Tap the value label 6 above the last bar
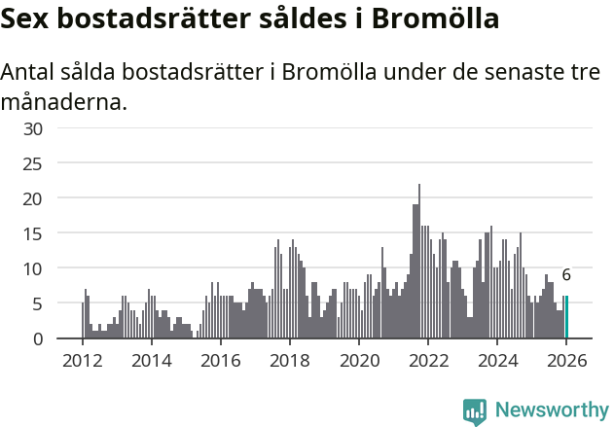coord(566,275)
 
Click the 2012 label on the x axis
coord(82,359)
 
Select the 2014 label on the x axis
coord(151,359)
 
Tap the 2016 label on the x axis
coord(220,359)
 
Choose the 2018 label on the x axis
coord(289,359)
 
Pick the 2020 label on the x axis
coord(358,359)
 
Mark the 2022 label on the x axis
coord(427,359)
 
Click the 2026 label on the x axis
coord(566,359)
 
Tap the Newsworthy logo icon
coord(475,411)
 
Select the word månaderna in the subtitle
coord(64,101)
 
